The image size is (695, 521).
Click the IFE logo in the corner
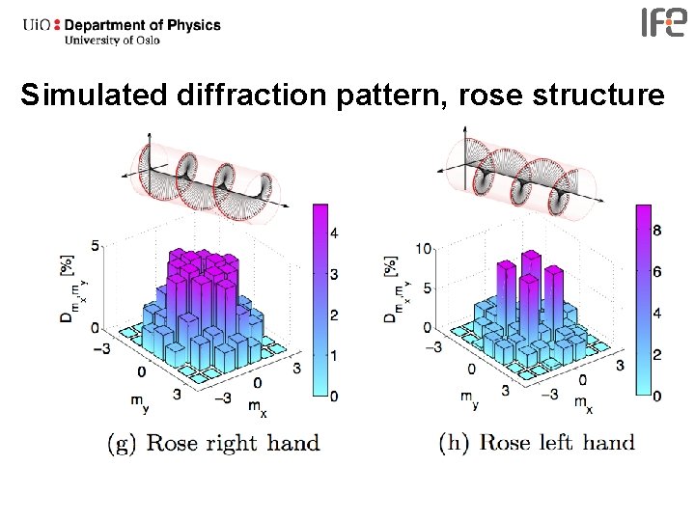pyautogui.click(x=665, y=22)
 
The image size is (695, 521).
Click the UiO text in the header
pyautogui.click(x=40, y=25)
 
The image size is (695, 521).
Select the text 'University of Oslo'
pyautogui.click(x=113, y=41)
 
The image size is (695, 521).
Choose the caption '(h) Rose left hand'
pyautogui.click(x=537, y=444)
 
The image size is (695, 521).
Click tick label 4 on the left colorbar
pyautogui.click(x=333, y=233)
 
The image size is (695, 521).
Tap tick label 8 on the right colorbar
pyautogui.click(x=657, y=231)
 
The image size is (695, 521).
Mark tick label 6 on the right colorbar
pyautogui.click(x=657, y=272)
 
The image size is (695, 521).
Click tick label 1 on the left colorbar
pyautogui.click(x=333, y=356)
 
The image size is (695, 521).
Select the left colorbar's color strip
pyautogui.click(x=318, y=299)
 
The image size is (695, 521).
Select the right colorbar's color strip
pyautogui.click(x=641, y=299)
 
